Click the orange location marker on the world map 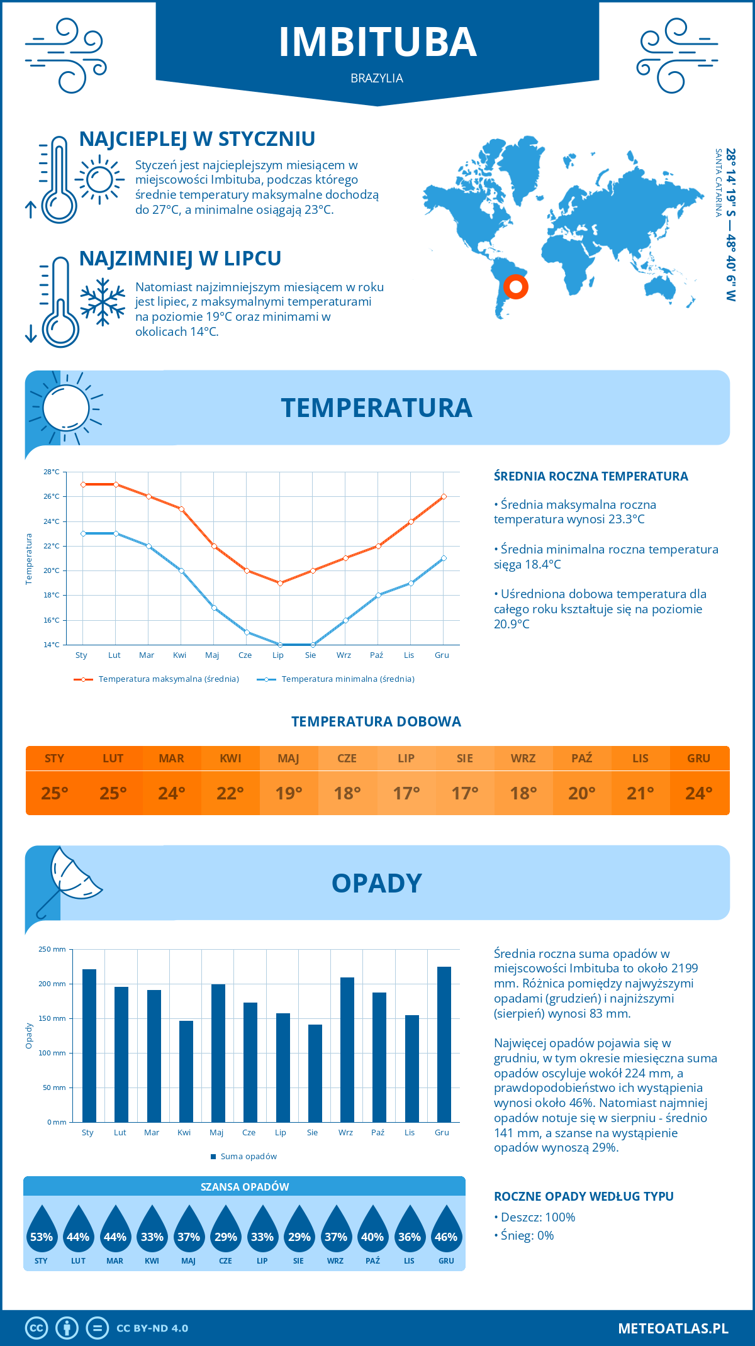516,287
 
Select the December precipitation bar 444,1044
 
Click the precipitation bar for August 315,1073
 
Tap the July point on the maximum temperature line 280,583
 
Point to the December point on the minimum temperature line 444,558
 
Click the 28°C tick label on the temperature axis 52,472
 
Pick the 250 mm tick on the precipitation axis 52,949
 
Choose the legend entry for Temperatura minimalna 336,679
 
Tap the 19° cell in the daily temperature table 289,793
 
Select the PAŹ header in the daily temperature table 581,759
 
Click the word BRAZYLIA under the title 377,79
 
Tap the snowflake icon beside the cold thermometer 103,302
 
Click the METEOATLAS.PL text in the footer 673,1328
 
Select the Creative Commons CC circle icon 36,1328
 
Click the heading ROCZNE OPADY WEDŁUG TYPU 583,1196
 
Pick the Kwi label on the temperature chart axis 180,655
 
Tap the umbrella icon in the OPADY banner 69,879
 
